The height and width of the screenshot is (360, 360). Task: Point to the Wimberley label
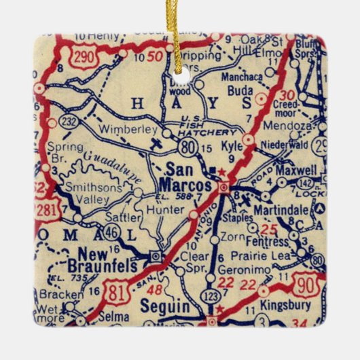(122, 128)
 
